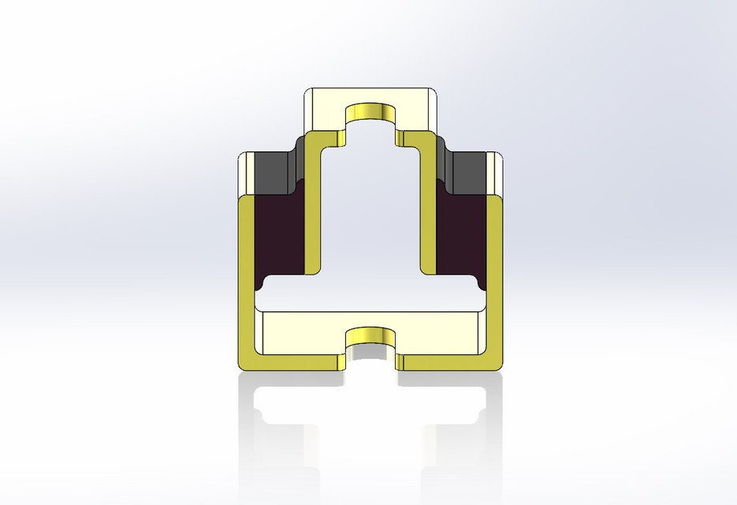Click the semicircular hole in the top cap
point(370,112)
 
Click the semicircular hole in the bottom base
point(370,334)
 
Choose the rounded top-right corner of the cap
point(434,92)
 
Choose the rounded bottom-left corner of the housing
point(243,365)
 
